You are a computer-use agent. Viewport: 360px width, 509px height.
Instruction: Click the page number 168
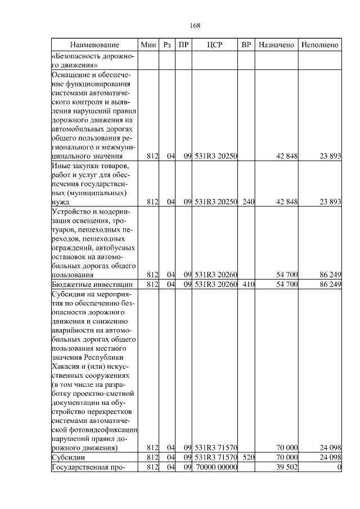[195, 26]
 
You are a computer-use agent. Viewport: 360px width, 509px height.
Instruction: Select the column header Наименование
[94, 44]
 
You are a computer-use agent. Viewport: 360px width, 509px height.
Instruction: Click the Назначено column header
[276, 44]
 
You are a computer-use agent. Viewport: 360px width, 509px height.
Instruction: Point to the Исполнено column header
[319, 44]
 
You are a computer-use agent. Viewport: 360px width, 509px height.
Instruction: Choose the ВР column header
[246, 44]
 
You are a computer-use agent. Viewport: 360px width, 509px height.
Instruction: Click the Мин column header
[148, 44]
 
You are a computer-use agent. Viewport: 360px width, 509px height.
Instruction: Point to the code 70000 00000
[217, 467]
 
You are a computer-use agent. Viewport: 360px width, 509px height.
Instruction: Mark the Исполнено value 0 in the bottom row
[339, 467]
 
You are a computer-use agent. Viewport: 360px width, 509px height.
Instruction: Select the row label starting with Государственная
[87, 467]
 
